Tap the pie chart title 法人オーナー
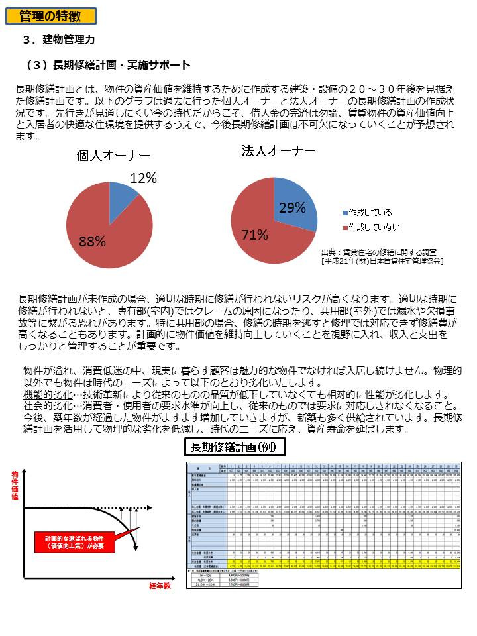pos(278,151)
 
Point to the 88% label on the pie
pos(93,242)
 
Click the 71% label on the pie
pos(254,235)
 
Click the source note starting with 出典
pos(381,256)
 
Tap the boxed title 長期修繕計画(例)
pos(235,447)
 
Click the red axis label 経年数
pos(159,586)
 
